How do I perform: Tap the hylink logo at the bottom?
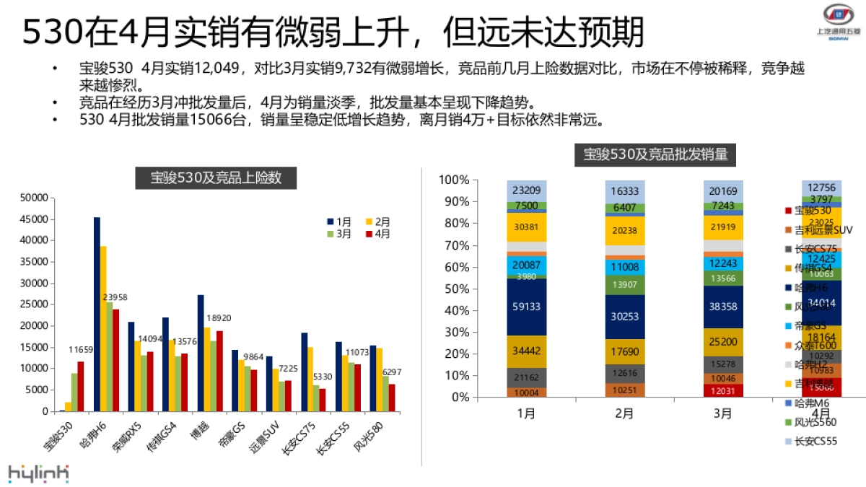pos(38,473)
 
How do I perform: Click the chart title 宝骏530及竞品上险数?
pos(216,177)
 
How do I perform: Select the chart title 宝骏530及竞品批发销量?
pos(655,154)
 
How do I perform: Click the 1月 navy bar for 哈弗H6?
pos(97,314)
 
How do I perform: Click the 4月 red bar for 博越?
pos(219,371)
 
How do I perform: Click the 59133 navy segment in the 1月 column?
pos(526,306)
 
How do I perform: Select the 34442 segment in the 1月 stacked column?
pos(526,351)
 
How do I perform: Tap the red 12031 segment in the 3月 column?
pos(723,390)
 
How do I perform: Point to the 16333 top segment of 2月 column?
pos(624,191)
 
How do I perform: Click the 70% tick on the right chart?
pos(455,245)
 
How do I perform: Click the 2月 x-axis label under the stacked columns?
pos(624,414)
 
